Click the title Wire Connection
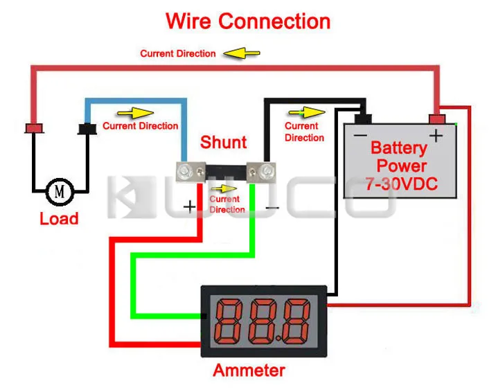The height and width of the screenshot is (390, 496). point(248,21)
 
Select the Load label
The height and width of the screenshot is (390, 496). point(59,219)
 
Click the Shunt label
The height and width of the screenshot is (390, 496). point(223,143)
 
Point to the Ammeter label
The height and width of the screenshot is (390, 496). point(249,371)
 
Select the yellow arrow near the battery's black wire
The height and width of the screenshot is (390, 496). point(312,112)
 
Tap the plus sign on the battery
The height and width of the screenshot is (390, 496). point(436,136)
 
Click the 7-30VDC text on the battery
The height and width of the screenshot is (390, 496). point(398,184)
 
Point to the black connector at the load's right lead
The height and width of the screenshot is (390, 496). point(88,129)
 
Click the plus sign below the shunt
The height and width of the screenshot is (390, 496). point(189,206)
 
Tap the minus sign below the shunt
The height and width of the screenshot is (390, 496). point(272,206)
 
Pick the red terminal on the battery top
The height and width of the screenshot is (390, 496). point(436,118)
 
